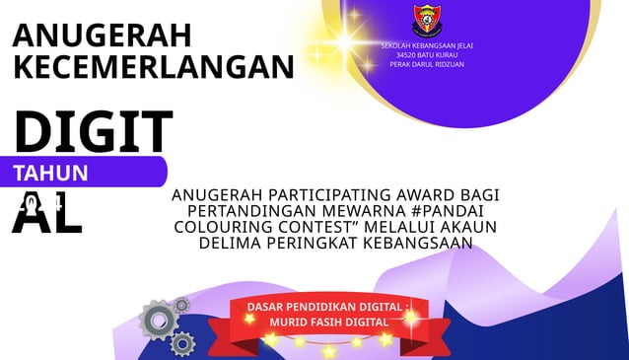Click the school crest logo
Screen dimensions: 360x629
(x=427, y=20)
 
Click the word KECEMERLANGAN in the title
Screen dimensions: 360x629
(x=154, y=67)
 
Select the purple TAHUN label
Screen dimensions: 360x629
(x=50, y=173)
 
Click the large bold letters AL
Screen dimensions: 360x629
(x=46, y=214)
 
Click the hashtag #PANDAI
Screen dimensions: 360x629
(x=453, y=211)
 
